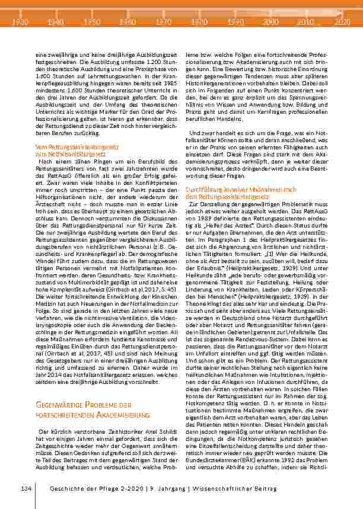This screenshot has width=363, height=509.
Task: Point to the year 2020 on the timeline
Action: [x=342, y=21]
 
